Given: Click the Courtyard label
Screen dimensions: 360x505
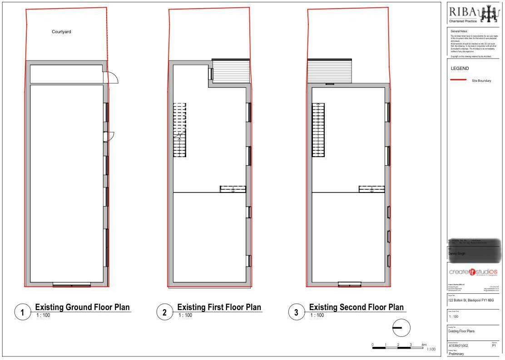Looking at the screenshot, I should (61, 32).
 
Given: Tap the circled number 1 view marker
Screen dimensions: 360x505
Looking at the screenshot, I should (22, 312).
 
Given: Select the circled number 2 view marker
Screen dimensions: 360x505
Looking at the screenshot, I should (164, 312).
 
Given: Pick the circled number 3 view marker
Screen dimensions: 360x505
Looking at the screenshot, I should (296, 312).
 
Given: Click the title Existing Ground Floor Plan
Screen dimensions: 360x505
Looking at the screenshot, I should (82, 307).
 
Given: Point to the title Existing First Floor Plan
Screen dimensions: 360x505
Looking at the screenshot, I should (219, 307).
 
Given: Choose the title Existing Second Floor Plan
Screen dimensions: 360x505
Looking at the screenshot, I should (356, 307).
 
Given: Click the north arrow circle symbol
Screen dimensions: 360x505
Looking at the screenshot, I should (400, 328).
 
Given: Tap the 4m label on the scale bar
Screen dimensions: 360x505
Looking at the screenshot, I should (424, 345).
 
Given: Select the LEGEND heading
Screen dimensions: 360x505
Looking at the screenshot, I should (459, 69).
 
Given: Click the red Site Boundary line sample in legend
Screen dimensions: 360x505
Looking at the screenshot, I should (458, 80).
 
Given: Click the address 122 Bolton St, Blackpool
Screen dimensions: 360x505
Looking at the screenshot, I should (470, 301).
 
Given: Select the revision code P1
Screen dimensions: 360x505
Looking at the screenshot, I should (494, 345).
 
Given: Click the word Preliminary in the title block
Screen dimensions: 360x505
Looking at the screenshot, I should (456, 354).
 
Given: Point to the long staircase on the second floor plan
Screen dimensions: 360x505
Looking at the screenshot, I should (318, 130).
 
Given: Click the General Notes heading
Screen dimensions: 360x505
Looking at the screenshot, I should (458, 31).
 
